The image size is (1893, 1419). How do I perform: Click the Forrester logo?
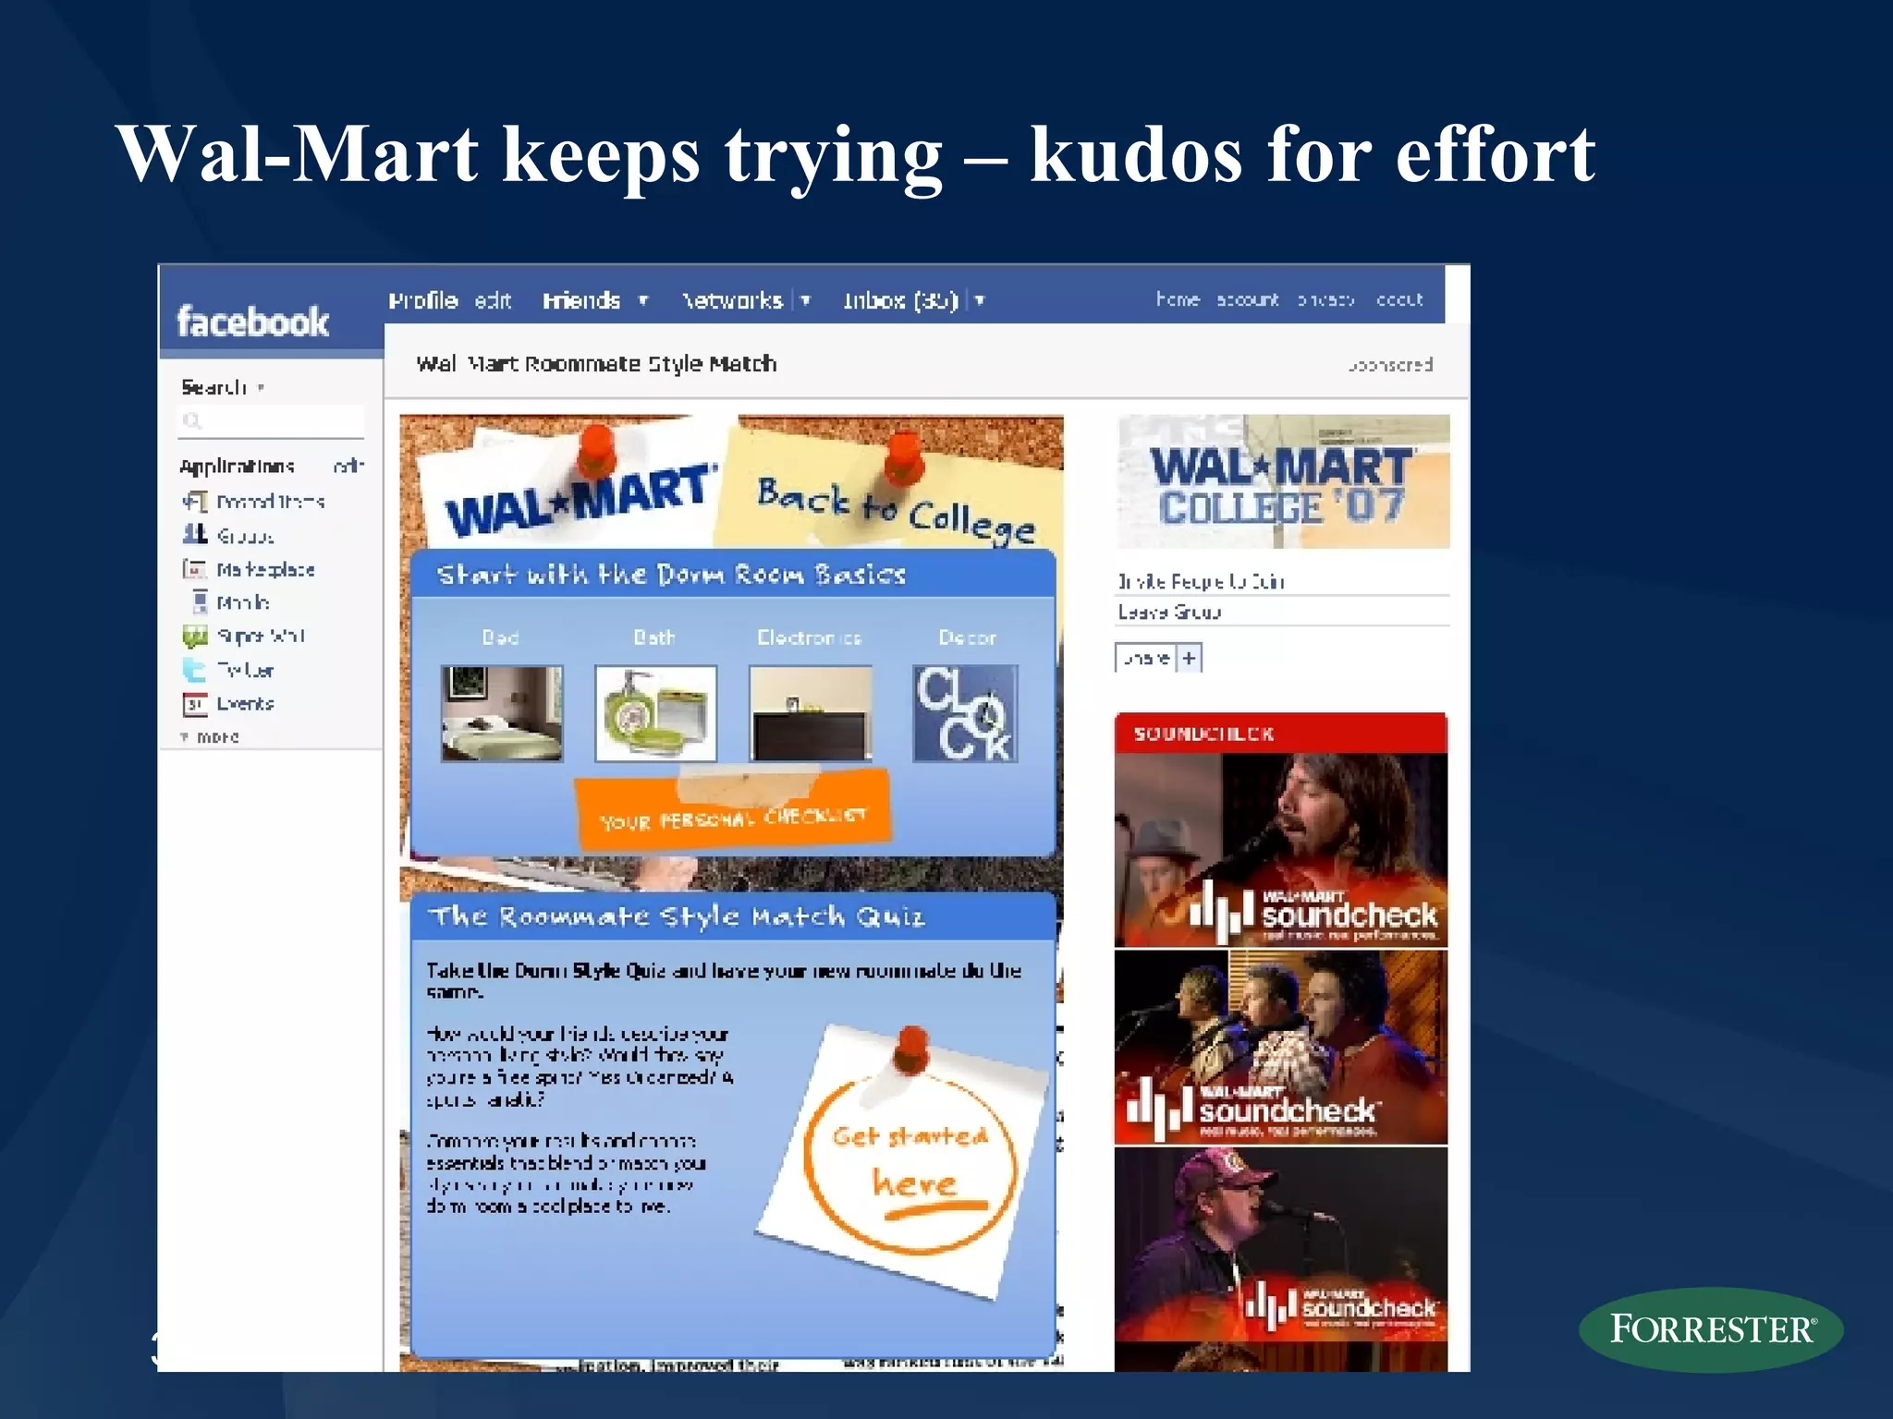[1711, 1328]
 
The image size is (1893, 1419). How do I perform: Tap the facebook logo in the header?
[252, 321]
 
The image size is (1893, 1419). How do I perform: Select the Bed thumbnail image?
[502, 713]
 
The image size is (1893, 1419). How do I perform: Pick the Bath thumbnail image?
[655, 713]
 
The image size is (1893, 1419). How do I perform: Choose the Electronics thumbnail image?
[811, 713]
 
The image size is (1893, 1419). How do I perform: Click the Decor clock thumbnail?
[965, 713]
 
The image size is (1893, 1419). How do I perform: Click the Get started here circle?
[910, 1159]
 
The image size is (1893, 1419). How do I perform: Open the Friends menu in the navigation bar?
[581, 301]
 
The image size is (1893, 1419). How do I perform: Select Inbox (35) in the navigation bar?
[900, 301]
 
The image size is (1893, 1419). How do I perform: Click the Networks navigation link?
[732, 301]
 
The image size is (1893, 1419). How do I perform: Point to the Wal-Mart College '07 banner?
[1282, 482]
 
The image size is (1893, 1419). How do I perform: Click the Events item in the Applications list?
[245, 704]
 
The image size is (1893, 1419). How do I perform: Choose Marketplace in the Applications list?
[265, 570]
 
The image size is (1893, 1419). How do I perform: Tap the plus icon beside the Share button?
[1190, 659]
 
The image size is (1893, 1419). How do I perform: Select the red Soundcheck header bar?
[1280, 734]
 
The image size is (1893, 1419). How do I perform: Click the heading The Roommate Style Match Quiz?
[676, 916]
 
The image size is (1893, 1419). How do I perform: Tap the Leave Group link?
[1169, 612]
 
